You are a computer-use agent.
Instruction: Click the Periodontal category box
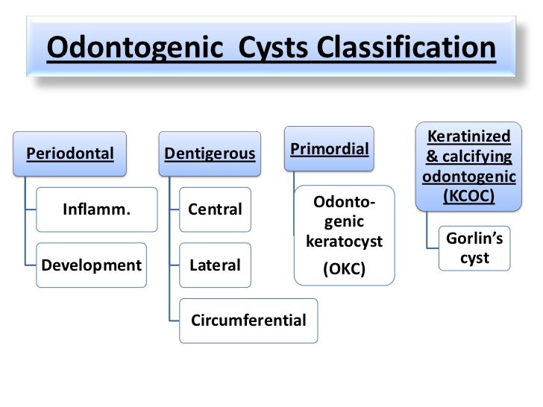[x=70, y=154]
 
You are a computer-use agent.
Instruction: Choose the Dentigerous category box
[x=210, y=154]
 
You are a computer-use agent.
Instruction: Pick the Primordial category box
[x=329, y=149]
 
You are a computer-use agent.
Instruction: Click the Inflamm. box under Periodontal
[x=96, y=209]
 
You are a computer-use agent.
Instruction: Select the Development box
[x=92, y=265]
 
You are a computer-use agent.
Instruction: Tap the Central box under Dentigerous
[x=215, y=209]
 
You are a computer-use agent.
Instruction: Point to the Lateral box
[x=215, y=265]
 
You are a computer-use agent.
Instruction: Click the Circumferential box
[x=248, y=321]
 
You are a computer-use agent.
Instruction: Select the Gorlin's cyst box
[x=474, y=247]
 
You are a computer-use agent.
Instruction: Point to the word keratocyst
[x=343, y=243]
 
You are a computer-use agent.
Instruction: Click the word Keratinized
[x=469, y=136]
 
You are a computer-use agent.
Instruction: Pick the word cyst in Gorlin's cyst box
[x=474, y=257]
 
